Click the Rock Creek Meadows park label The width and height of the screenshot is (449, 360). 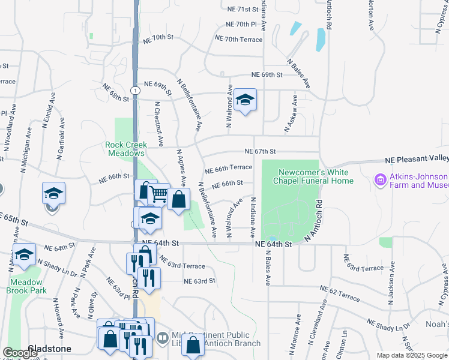coord(125,149)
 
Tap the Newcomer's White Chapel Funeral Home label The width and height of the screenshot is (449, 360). coord(313,176)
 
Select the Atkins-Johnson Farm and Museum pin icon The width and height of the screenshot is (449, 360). coord(379,179)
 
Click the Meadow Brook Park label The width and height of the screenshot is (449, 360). coord(26,286)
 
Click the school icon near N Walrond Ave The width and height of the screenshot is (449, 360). coord(244,100)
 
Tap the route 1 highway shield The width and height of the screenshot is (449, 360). coord(137,90)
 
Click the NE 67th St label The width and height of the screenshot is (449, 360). coord(260,152)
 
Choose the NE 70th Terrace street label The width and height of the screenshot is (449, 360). coord(238,39)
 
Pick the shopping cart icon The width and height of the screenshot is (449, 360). coord(158,194)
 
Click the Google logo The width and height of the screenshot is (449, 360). coord(20,353)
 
